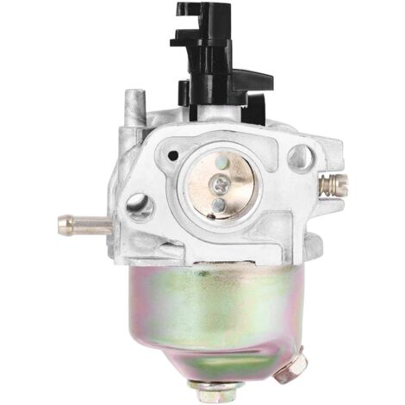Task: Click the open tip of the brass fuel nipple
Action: [62, 226]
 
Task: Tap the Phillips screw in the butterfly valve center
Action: [221, 184]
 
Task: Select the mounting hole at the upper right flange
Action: [300, 157]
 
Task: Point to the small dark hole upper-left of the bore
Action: [173, 156]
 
